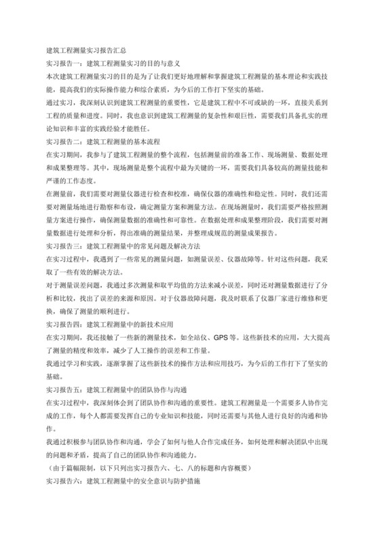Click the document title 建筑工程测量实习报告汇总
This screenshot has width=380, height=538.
(x=85, y=50)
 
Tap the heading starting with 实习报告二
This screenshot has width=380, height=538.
(x=102, y=142)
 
